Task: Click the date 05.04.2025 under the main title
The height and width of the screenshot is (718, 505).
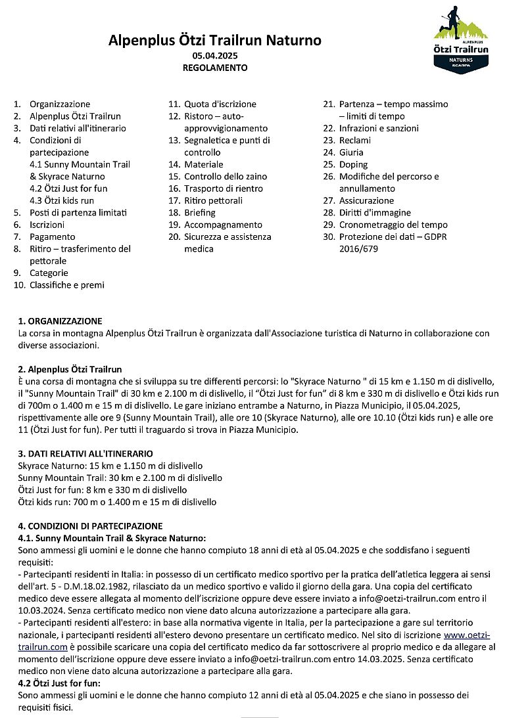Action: [214, 56]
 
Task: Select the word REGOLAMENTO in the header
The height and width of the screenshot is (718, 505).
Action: [214, 68]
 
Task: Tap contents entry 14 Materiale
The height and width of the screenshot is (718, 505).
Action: [203, 164]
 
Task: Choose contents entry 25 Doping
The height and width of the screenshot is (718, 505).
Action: [353, 164]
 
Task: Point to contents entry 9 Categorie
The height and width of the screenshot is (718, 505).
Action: [49, 273]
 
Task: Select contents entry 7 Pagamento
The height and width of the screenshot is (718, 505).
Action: [52, 236]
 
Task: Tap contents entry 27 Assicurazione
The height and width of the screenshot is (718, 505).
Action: [366, 200]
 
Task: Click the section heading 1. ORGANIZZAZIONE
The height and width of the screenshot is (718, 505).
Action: [60, 321]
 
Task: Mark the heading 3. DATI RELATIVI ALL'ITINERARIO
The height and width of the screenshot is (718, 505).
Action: [85, 453]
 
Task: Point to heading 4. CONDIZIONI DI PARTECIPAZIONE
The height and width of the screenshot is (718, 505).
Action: [90, 526]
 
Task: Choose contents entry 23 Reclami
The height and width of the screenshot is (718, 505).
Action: [355, 140]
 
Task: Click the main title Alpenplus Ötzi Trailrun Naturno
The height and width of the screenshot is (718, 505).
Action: [214, 41]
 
